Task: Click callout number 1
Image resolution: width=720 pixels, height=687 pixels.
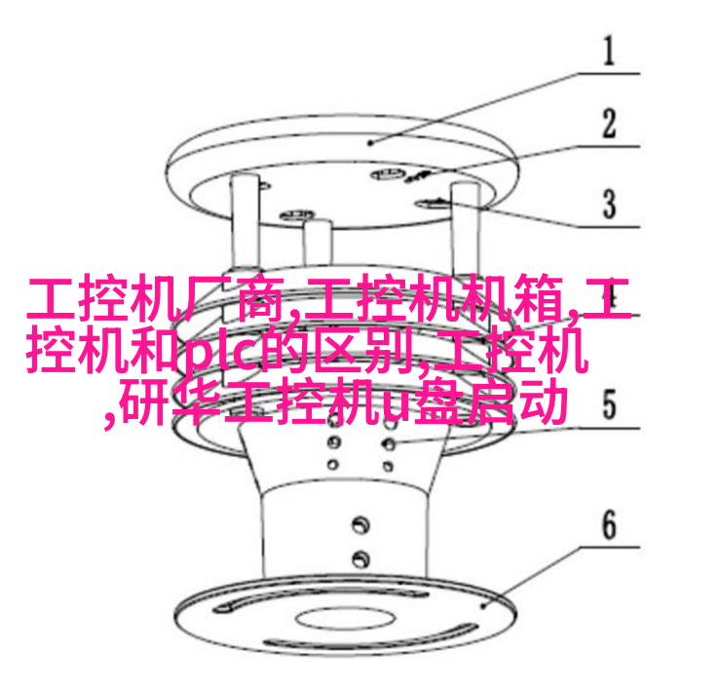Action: (x=609, y=51)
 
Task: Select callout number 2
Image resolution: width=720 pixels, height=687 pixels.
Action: (x=609, y=123)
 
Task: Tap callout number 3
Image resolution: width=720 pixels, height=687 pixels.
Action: (x=609, y=204)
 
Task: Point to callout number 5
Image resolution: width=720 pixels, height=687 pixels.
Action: (x=609, y=404)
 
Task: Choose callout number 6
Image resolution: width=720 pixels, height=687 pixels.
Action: (x=609, y=524)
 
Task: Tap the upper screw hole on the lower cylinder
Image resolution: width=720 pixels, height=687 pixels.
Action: (x=360, y=524)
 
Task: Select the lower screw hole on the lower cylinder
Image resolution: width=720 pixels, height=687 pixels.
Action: (x=360, y=559)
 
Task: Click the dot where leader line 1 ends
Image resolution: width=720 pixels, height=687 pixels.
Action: (x=371, y=143)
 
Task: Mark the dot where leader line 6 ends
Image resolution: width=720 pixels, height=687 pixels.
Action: (x=483, y=606)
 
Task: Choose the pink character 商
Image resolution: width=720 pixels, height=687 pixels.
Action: (x=262, y=298)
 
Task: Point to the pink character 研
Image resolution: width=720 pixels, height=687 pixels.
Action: (x=145, y=401)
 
